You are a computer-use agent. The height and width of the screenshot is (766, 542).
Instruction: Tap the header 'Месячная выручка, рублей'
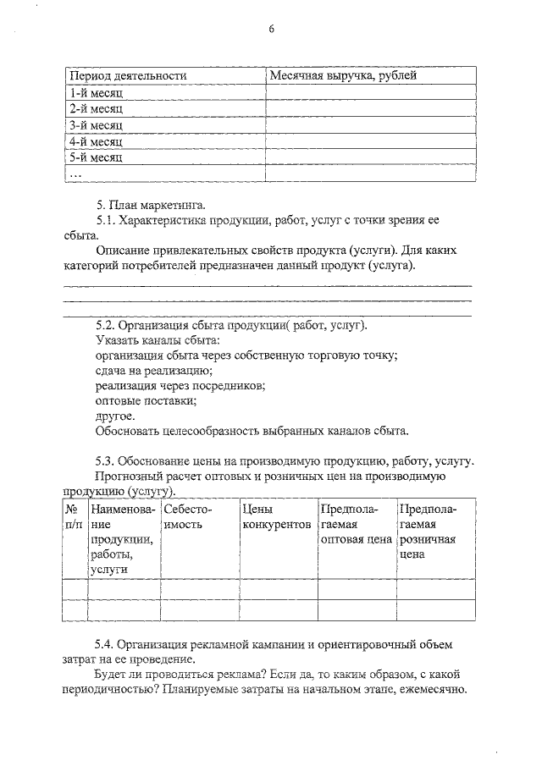(343, 76)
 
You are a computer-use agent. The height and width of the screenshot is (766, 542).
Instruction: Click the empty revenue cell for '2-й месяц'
(368, 109)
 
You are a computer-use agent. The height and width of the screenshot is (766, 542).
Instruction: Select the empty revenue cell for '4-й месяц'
(368, 141)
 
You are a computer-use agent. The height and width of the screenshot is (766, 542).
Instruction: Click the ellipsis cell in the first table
(76, 174)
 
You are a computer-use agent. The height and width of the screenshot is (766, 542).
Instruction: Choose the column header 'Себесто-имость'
(187, 517)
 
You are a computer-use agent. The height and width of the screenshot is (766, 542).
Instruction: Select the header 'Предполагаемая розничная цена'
(428, 532)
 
